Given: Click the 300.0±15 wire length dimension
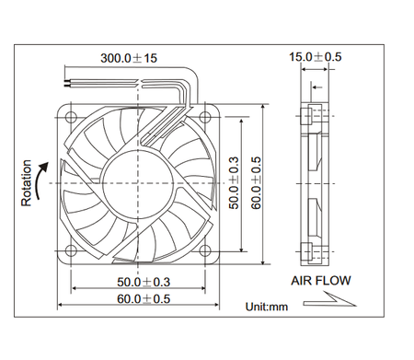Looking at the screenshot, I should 130,58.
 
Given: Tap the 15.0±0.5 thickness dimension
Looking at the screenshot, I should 316,57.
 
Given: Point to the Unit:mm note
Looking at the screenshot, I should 270,307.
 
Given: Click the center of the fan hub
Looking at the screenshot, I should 136,181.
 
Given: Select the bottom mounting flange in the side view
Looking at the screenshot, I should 316,249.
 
